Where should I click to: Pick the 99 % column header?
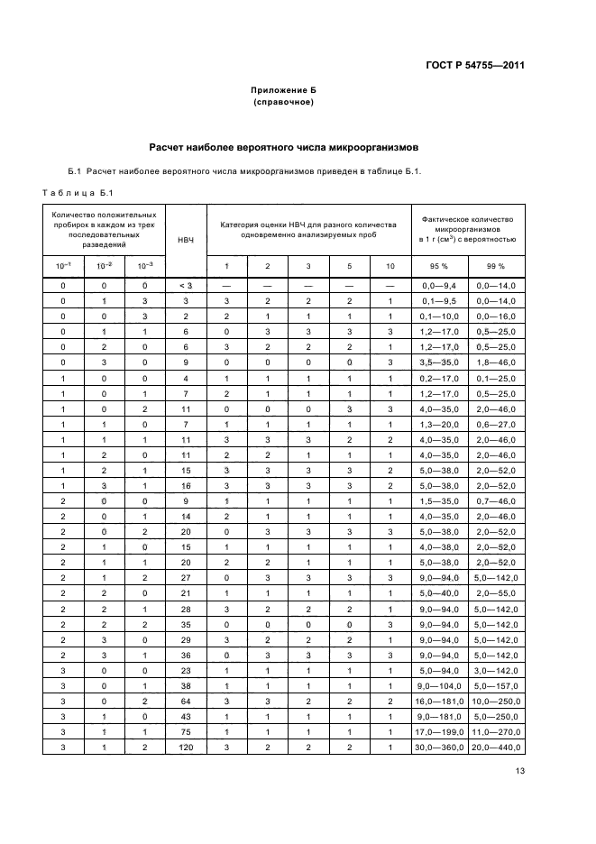tap(495, 266)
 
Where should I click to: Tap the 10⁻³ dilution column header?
tap(145, 266)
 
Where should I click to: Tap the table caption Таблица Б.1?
tap(77, 191)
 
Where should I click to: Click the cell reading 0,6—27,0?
tap(495, 425)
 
